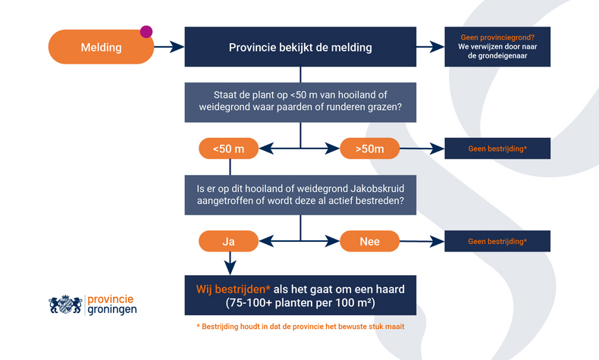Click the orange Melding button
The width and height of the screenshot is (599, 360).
point(101,47)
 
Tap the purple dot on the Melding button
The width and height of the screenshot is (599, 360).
point(146,32)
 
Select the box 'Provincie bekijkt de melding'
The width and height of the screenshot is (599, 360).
point(300,47)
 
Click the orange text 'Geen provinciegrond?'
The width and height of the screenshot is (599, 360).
point(497,38)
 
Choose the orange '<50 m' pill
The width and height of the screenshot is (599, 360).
point(228,149)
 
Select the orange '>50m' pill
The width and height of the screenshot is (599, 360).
point(369,149)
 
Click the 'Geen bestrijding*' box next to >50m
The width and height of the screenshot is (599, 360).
point(497,149)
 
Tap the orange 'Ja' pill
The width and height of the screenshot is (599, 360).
point(228,241)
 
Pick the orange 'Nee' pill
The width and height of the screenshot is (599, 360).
point(369,241)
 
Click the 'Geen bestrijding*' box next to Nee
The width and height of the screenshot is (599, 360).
point(497,241)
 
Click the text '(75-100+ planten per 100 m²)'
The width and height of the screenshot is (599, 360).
point(300,302)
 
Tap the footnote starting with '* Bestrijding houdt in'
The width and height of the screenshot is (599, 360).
point(300,327)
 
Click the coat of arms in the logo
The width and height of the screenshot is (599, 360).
point(65,305)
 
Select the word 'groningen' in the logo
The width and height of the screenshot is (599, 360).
point(113,310)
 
